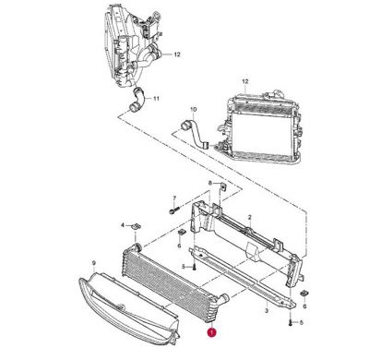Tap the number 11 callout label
click(156, 98)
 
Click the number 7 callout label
click(173, 198)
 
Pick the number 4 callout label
click(123, 224)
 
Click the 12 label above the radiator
click(245, 83)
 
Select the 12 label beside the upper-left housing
click(178, 55)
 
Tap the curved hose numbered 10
click(196, 129)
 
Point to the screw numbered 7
click(172, 211)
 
